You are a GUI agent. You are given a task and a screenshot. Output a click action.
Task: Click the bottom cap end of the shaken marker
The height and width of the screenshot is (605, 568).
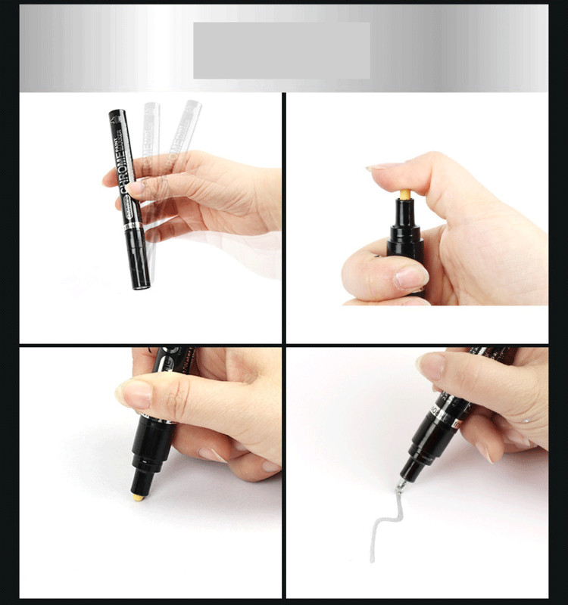click(140, 284)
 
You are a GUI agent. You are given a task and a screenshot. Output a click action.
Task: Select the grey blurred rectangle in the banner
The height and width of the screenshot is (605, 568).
click(282, 50)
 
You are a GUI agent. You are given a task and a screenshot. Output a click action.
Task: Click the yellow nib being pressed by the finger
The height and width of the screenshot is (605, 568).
click(405, 194)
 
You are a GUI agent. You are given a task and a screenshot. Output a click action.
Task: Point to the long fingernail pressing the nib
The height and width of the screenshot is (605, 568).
click(383, 166)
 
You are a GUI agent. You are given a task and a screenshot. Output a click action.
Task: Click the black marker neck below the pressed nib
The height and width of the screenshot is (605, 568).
click(406, 227)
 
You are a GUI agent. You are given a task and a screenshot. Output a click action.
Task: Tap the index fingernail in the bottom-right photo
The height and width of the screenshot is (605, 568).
click(430, 367)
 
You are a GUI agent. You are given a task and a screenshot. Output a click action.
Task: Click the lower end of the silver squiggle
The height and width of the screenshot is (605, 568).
click(373, 558)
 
